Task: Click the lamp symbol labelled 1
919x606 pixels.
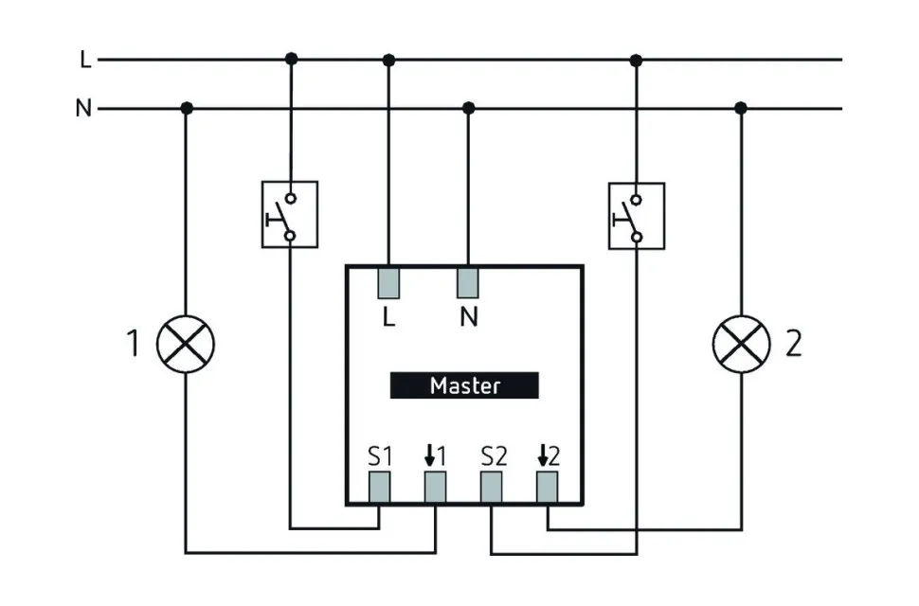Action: point(186,344)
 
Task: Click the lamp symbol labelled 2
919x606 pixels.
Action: point(741,344)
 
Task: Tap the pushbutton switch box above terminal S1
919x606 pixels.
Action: point(290,215)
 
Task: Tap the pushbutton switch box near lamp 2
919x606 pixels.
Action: point(636,215)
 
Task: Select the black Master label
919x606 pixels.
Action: point(464,385)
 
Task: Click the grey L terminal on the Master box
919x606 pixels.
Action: point(388,283)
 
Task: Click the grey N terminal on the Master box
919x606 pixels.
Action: point(468,283)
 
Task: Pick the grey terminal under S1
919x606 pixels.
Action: point(380,487)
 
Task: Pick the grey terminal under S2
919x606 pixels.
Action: point(491,487)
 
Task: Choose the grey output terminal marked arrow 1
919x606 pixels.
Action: point(435,487)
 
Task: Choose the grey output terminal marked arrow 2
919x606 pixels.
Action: point(548,487)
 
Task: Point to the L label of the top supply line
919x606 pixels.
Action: point(85,60)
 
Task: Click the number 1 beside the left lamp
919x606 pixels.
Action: point(134,344)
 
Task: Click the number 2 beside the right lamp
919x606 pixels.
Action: point(794,344)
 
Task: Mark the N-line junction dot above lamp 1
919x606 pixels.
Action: point(187,109)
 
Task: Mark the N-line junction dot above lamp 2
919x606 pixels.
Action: point(741,109)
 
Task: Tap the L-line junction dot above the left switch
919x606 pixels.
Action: point(291,60)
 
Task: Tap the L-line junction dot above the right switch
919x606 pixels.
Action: point(636,60)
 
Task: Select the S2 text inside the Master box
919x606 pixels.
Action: point(494,456)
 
